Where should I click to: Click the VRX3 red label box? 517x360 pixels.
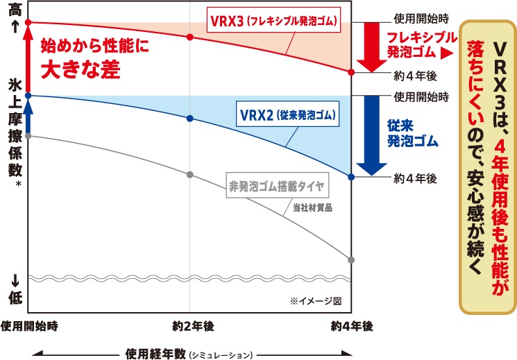click(x=273, y=21)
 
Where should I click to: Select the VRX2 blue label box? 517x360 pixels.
click(x=287, y=115)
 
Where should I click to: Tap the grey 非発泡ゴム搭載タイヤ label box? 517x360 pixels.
click(x=278, y=186)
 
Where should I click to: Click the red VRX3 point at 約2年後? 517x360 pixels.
click(x=190, y=37)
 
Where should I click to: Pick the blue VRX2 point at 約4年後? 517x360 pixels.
click(x=351, y=177)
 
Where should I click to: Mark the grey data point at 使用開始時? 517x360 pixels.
click(x=28, y=135)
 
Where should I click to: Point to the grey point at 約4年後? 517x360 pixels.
click(x=351, y=260)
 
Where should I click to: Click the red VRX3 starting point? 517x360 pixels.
click(x=28, y=22)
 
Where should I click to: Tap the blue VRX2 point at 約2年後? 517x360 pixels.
click(x=190, y=119)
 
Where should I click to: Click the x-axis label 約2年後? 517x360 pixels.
click(x=193, y=327)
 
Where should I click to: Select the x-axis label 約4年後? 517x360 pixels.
click(x=352, y=327)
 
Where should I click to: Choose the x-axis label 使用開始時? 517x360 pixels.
click(x=29, y=326)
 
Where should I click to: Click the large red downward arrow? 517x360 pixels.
click(x=371, y=46)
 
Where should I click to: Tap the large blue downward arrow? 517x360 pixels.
click(x=371, y=135)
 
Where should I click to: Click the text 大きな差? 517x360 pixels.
click(x=80, y=69)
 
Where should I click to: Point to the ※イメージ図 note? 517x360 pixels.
click(x=316, y=301)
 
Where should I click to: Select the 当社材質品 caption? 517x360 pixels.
click(x=312, y=207)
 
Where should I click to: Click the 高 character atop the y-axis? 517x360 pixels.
click(x=15, y=10)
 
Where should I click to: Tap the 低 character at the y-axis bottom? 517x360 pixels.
click(x=15, y=297)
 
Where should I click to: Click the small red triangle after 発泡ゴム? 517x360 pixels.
click(x=446, y=53)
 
